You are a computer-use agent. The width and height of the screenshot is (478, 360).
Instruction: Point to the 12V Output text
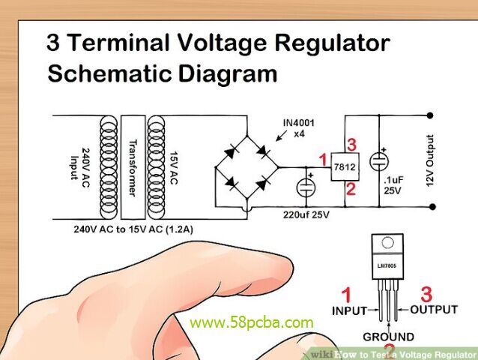(x=431, y=161)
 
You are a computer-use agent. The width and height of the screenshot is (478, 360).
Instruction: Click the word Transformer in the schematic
(x=132, y=168)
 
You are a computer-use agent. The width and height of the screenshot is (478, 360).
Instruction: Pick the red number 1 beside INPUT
(x=345, y=295)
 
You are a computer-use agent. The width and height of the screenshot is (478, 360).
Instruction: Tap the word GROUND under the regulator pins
(x=388, y=337)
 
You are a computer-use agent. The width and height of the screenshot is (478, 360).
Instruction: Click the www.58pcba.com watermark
(x=252, y=323)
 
